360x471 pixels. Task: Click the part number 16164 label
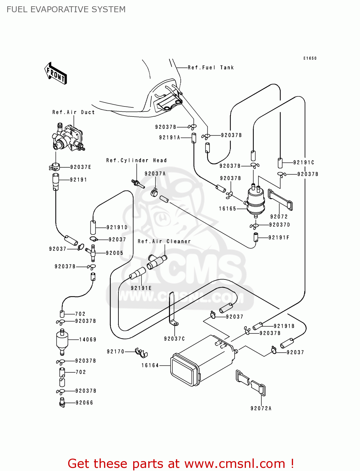coord(150,365)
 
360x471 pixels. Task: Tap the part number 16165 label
coord(227,208)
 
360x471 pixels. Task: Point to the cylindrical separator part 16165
coord(256,201)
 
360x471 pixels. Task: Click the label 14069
coord(88,339)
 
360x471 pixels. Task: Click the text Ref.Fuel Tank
coord(211,68)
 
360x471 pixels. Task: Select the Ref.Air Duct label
coord(74,112)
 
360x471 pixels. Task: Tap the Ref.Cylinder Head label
coord(136,160)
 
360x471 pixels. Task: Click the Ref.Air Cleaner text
coord(164,241)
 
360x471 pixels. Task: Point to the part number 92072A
coord(261,408)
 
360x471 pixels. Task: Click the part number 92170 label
coord(116,351)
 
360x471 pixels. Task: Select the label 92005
coord(114,253)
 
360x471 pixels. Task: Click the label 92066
coord(84,403)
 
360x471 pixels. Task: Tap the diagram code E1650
coord(310,58)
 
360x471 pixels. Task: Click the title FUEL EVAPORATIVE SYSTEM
coord(66,9)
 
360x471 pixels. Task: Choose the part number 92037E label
coord(80,167)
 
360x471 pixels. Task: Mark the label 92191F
coord(279,237)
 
